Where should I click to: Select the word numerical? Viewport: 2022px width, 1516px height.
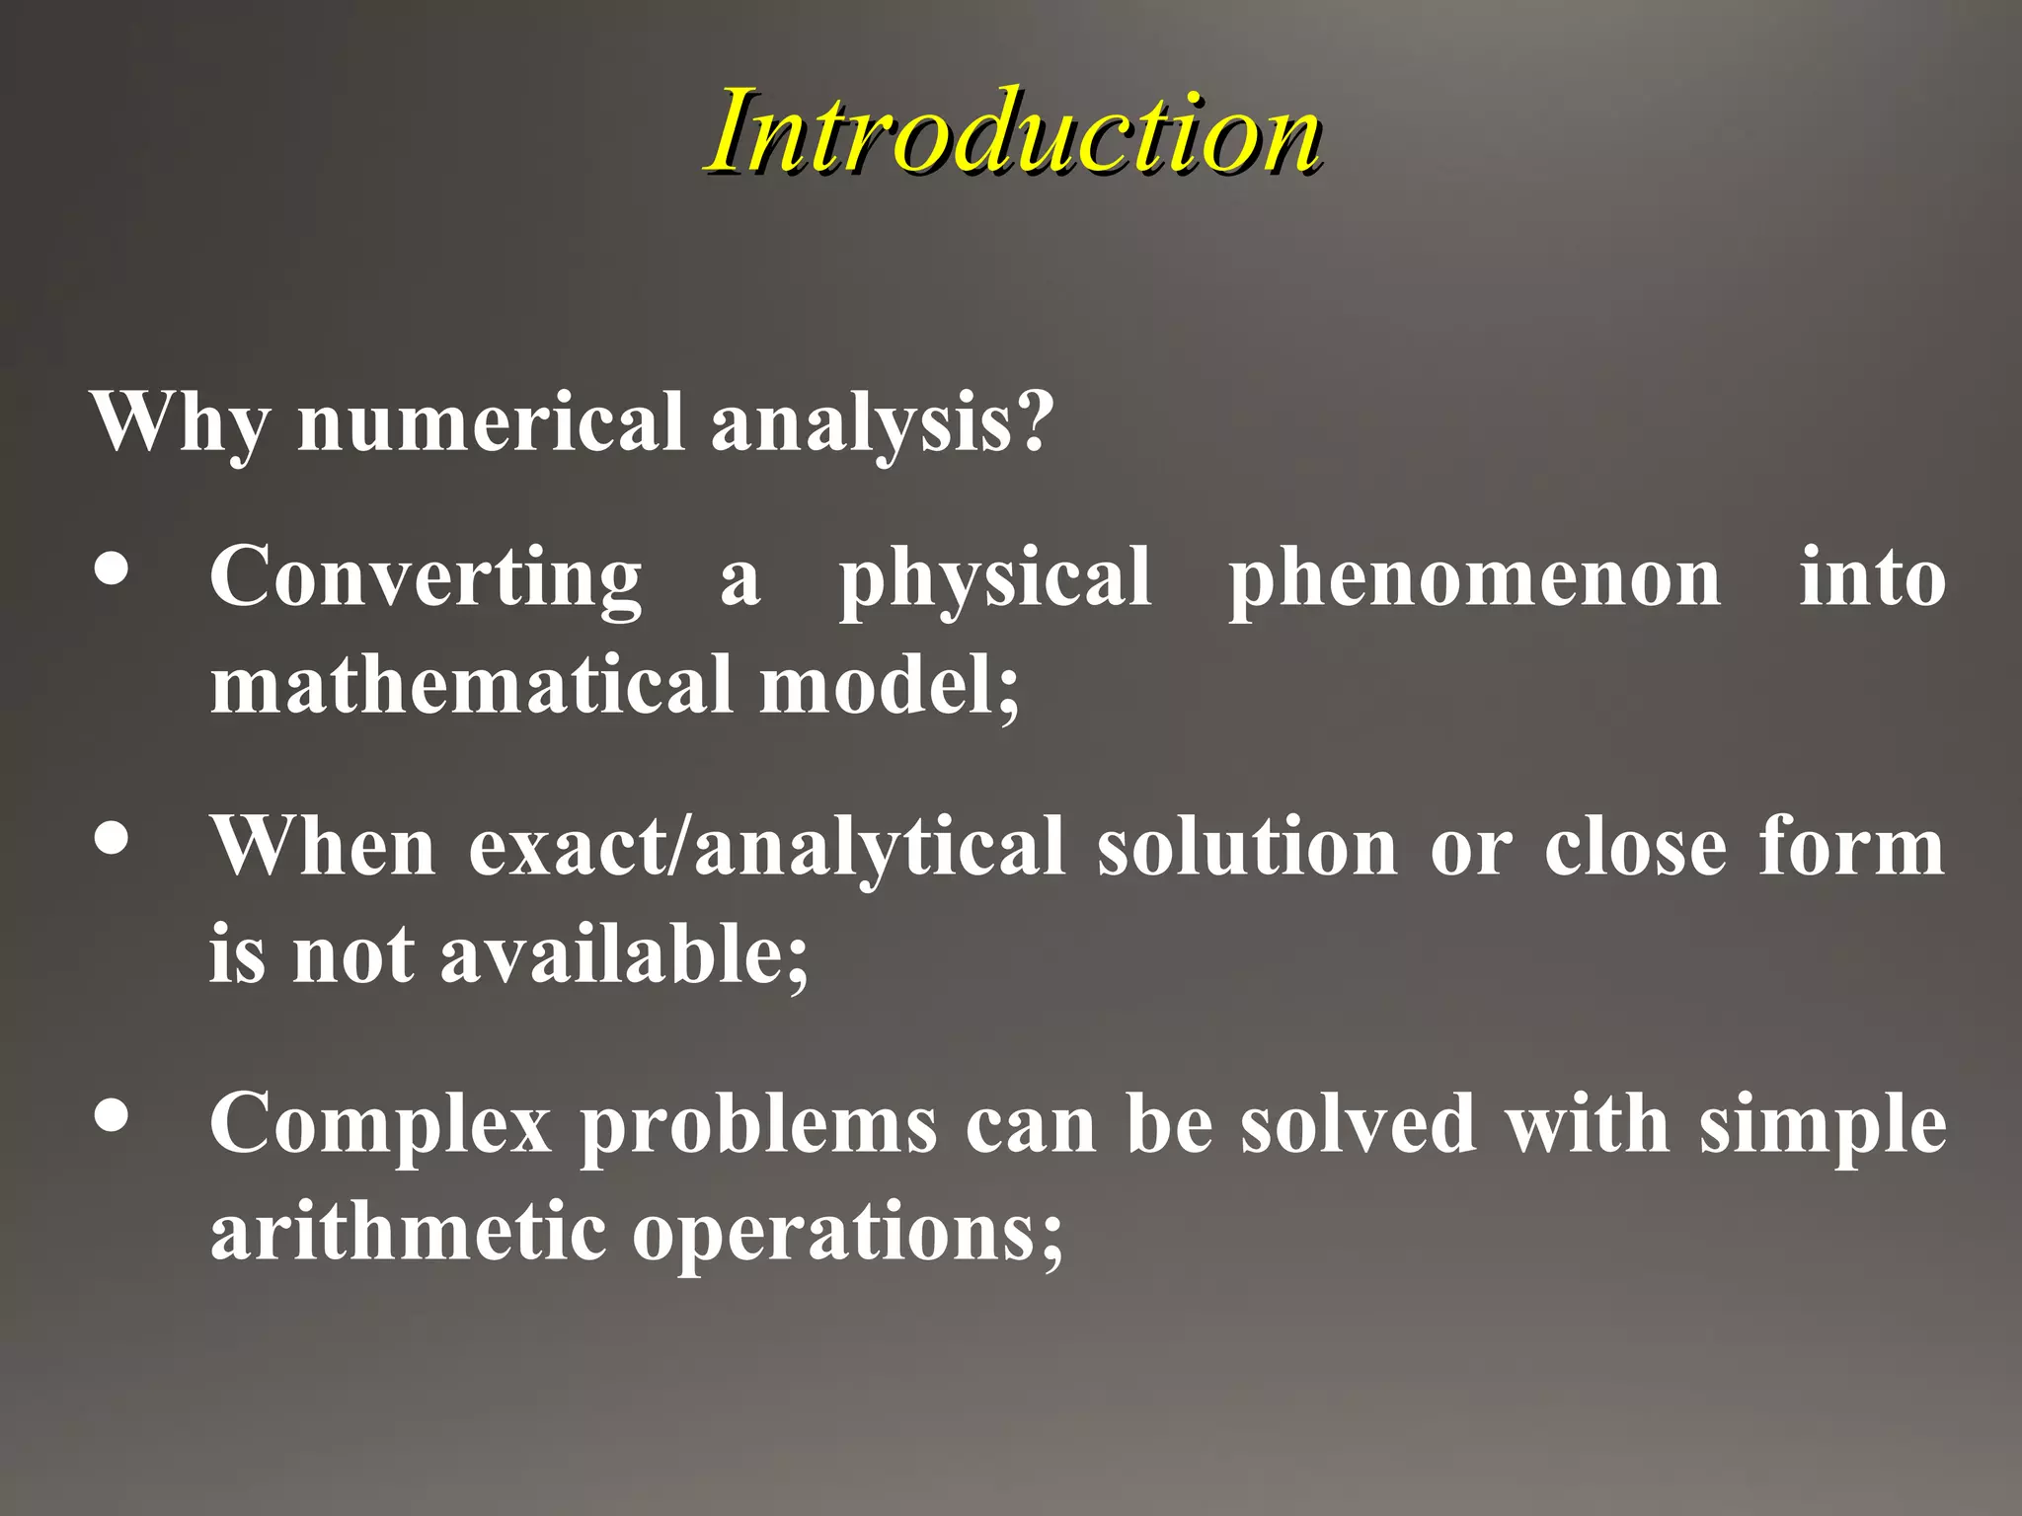[x=491, y=422]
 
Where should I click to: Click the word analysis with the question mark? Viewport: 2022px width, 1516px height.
[x=882, y=422]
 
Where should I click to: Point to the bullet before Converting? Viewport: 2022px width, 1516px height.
[x=112, y=571]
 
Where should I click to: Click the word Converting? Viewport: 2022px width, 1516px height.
[x=426, y=578]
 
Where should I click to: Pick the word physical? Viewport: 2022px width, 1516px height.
[x=994, y=578]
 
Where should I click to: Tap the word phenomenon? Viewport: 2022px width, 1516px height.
[x=1475, y=578]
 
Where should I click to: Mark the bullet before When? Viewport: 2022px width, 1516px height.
[x=112, y=839]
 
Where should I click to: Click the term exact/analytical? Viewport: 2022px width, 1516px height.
[x=766, y=847]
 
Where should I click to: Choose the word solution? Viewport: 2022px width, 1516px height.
[x=1247, y=847]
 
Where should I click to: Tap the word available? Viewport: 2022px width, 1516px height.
[x=624, y=954]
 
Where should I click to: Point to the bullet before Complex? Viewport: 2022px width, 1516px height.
[x=112, y=1115]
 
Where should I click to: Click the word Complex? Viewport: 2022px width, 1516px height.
[x=380, y=1125]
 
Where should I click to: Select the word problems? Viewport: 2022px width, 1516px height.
[x=758, y=1125]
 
